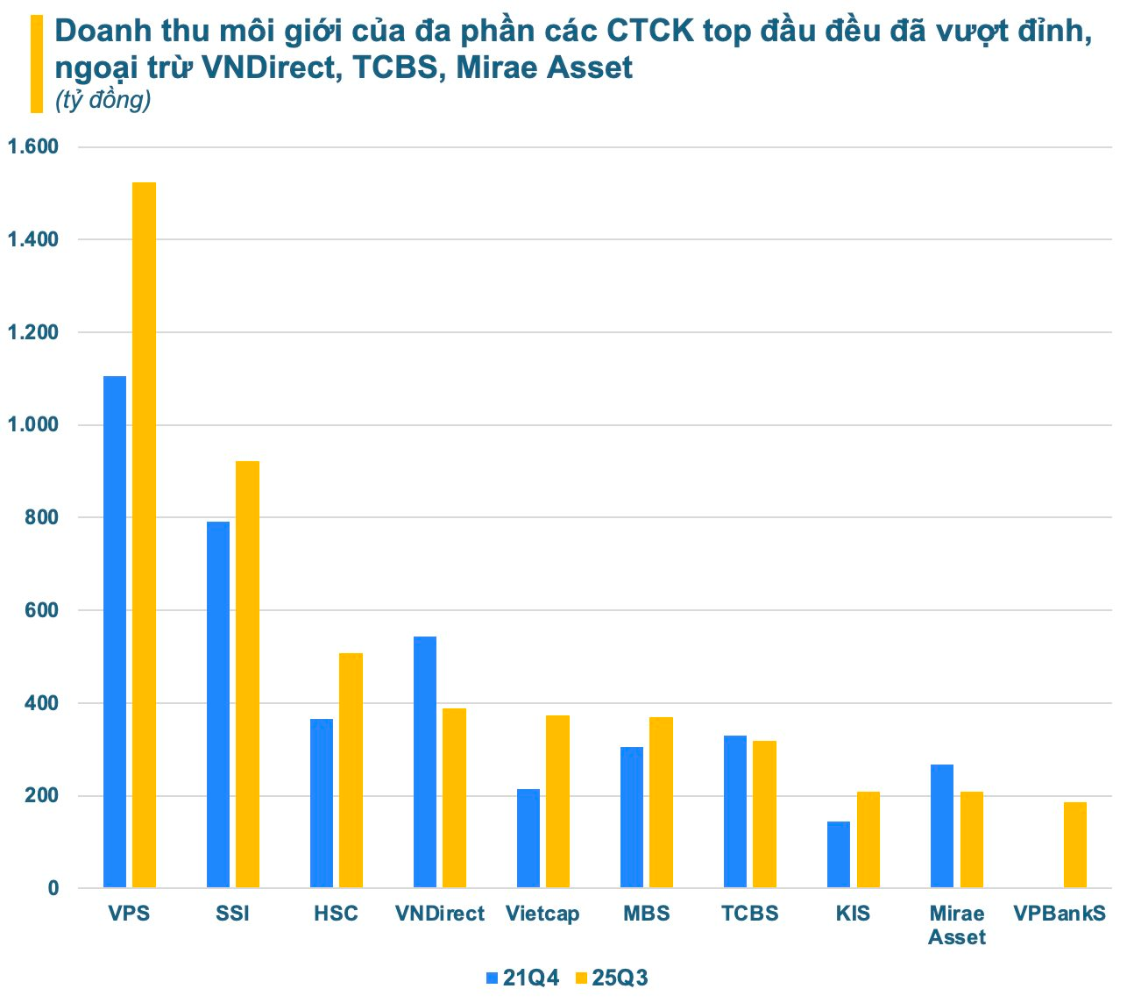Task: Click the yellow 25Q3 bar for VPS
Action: pos(144,535)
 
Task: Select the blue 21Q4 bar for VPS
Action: pos(115,631)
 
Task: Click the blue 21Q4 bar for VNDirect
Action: pos(425,762)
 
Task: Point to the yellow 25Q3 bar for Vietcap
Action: pos(557,801)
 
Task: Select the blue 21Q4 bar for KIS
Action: pos(839,854)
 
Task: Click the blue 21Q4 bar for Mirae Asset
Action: pos(942,826)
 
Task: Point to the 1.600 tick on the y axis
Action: pos(32,147)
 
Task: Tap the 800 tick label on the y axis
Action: pos(41,518)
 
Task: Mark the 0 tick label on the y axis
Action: pos(53,888)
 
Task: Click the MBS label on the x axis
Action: pos(647,914)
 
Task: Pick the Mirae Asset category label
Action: pos(956,925)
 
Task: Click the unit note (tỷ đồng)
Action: pos(103,101)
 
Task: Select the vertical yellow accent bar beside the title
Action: pos(37,64)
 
